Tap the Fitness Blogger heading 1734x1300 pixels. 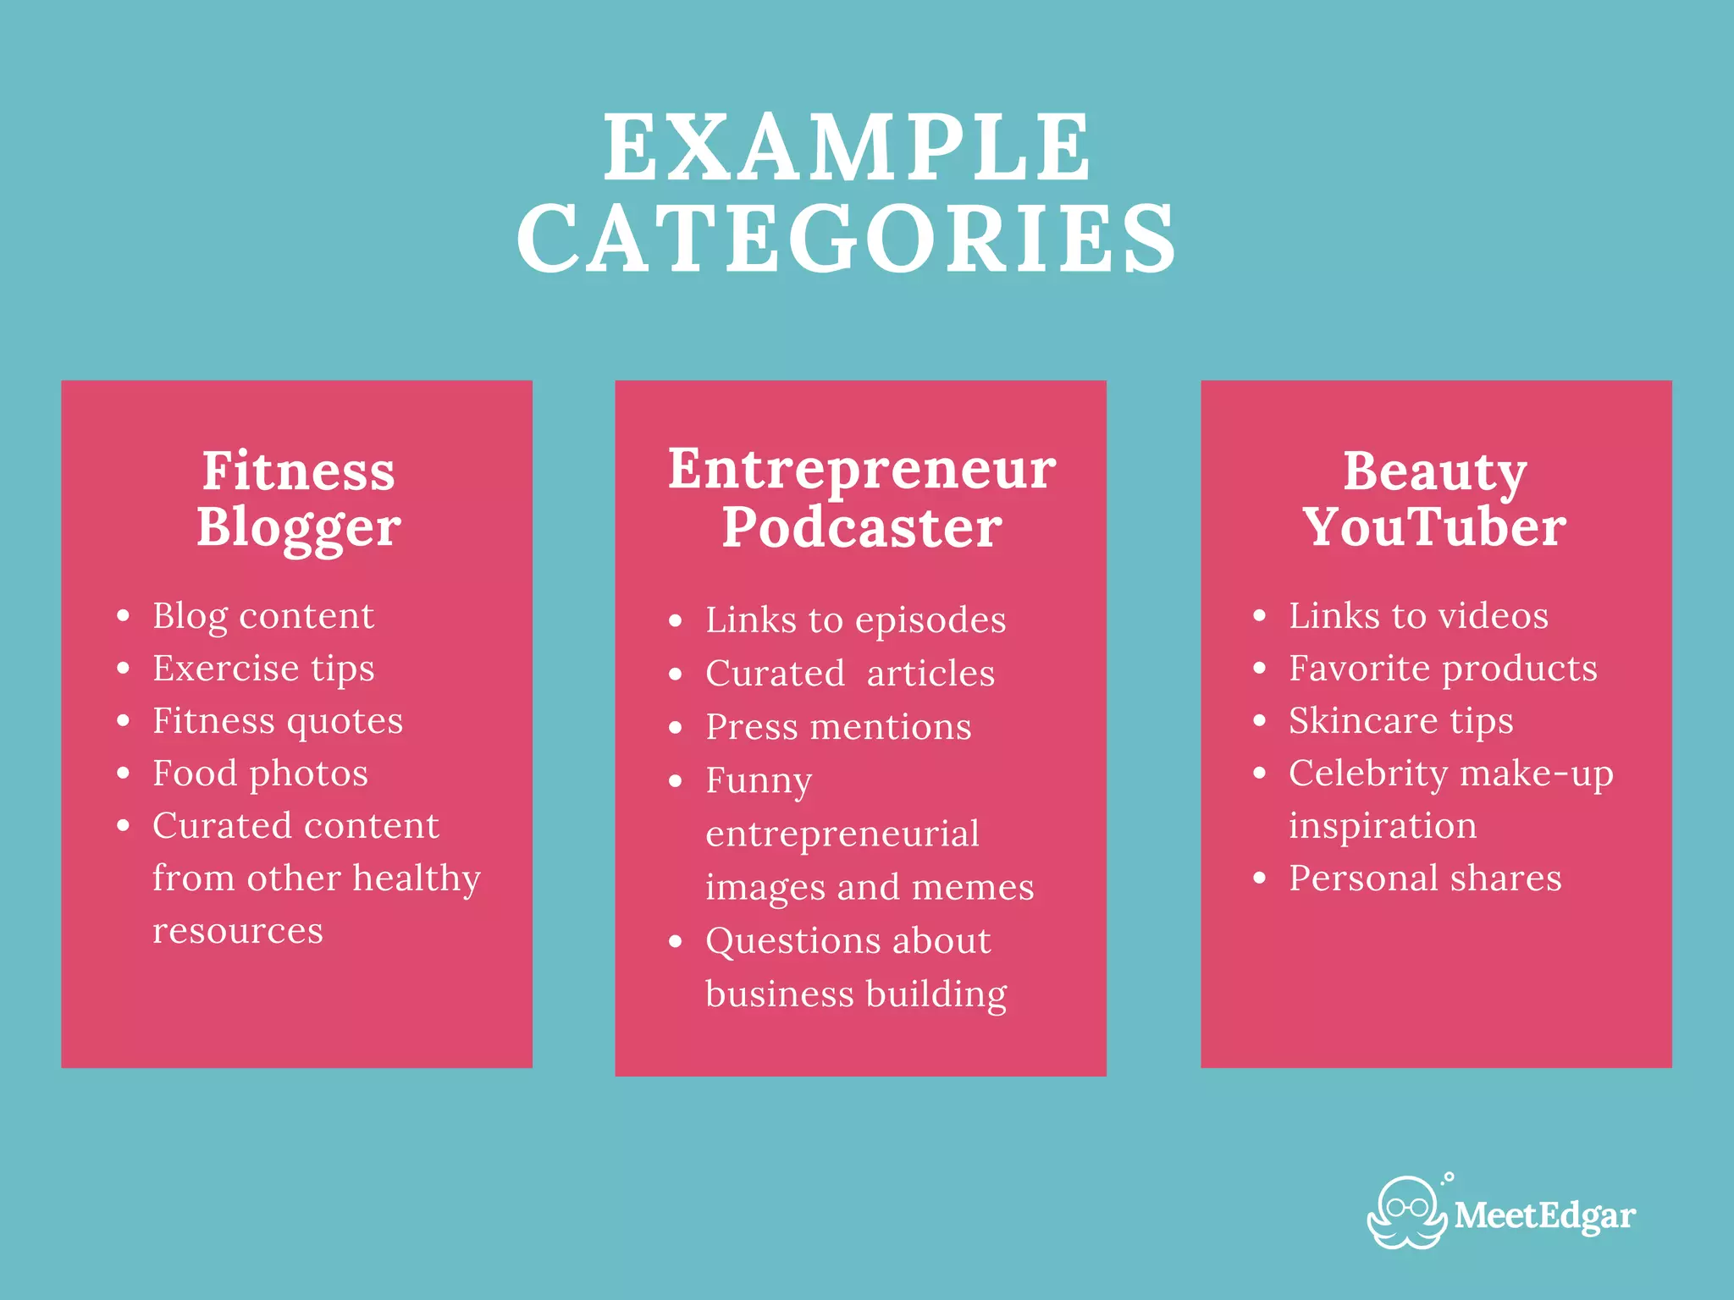click(298, 499)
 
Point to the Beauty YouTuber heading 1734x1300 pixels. click(1435, 499)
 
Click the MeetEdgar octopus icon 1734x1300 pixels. click(1406, 1214)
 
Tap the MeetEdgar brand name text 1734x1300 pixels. click(1544, 1216)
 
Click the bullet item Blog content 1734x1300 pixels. click(262, 616)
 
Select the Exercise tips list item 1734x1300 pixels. click(262, 669)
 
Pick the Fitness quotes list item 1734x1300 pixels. click(277, 721)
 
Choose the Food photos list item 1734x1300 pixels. click(260, 774)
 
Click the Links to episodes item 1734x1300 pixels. click(855, 620)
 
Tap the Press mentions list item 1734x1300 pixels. click(838, 727)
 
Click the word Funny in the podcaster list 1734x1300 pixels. click(759, 780)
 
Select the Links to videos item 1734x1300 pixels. click(1418, 616)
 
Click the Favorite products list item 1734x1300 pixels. click(1443, 669)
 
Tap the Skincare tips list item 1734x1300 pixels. click(1400, 721)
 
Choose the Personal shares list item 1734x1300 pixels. click(1425, 879)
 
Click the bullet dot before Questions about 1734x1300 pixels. click(675, 941)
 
